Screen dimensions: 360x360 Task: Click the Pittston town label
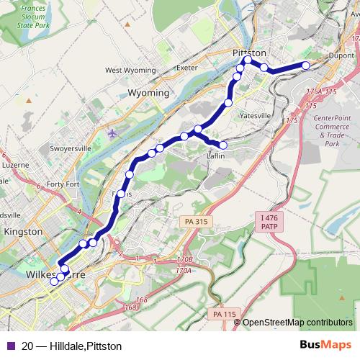(250, 53)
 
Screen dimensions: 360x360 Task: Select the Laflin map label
(216, 155)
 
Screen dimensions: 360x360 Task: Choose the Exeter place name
(186, 68)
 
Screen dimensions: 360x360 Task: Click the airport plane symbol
(112, 133)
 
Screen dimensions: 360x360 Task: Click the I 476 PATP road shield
(269, 221)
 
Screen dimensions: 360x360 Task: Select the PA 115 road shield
(224, 314)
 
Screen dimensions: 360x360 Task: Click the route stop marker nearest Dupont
(305, 66)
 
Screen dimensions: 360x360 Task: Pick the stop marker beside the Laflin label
(222, 145)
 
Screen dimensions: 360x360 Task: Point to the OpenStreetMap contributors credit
(297, 322)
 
